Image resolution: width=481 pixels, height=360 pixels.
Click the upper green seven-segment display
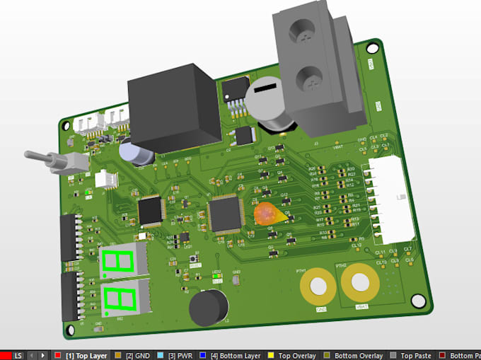tap(119, 262)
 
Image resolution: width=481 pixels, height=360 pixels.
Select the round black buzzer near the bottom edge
tap(209, 308)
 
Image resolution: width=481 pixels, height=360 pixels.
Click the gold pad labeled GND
tap(318, 287)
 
